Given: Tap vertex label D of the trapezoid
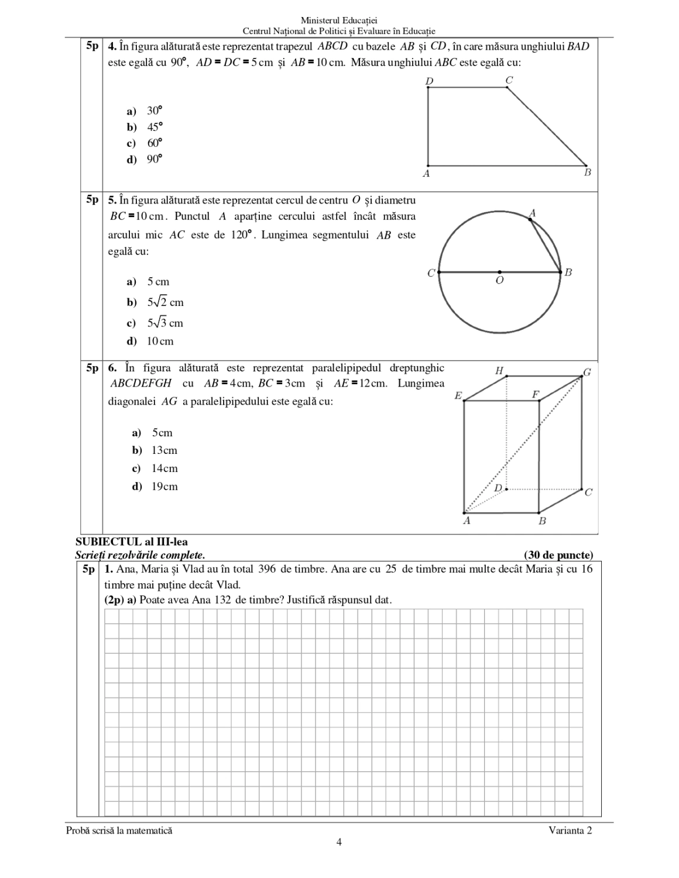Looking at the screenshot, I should coord(429,81).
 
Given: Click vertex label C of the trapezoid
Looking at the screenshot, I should coord(509,80).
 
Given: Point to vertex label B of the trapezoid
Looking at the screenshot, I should coord(587,173).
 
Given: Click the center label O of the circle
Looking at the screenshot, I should coord(499,281).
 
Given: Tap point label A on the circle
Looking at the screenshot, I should coord(532,212).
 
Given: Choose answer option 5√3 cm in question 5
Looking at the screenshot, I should coord(165,323).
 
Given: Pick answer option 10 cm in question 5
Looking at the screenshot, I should coord(160,341).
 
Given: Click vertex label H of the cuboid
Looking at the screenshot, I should coord(499,370).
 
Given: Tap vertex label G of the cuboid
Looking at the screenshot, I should coord(587,372).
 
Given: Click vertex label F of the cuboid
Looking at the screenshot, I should coord(535,395).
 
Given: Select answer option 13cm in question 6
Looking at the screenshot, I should coord(164,450).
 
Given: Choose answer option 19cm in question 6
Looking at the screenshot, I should coord(164,486).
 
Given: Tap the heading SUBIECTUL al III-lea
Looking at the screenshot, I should coord(132,542).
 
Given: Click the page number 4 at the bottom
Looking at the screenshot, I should coord(339,842).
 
